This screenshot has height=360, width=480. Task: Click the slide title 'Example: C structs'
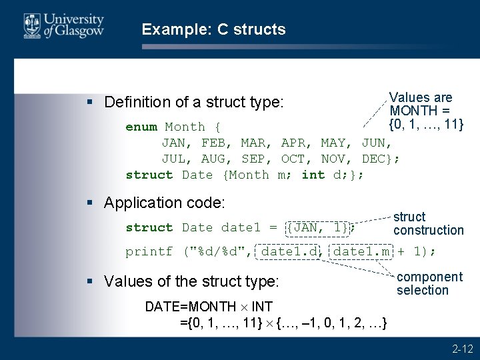point(213,29)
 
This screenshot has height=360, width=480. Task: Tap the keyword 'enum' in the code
point(141,127)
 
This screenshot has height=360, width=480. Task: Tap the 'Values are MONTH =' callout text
point(421,104)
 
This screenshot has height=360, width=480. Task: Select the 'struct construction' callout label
point(428,223)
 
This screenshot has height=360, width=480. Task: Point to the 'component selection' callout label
point(429,283)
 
